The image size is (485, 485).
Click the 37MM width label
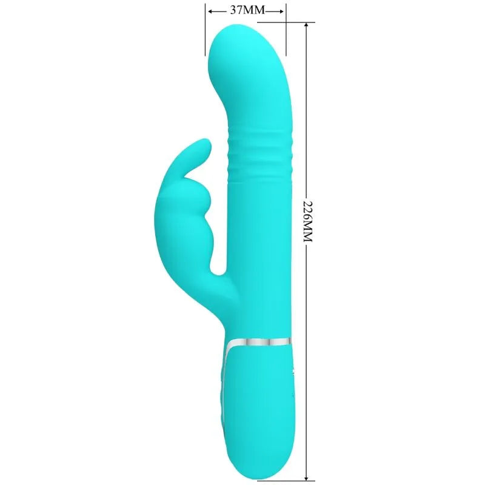246,10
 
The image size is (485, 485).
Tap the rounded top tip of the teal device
233,30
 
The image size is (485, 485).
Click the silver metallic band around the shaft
258,342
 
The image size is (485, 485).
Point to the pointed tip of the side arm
206,144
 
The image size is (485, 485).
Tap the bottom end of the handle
258,476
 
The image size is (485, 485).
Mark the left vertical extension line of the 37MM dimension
204,30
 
